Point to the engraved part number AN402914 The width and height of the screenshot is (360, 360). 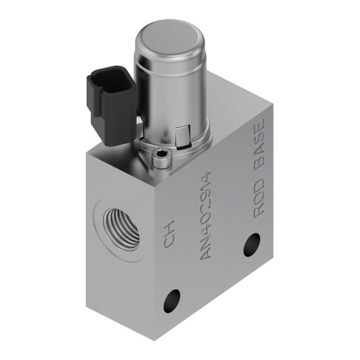(206, 215)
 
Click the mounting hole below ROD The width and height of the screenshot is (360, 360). (252, 245)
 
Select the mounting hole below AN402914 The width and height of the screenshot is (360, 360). (172, 301)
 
